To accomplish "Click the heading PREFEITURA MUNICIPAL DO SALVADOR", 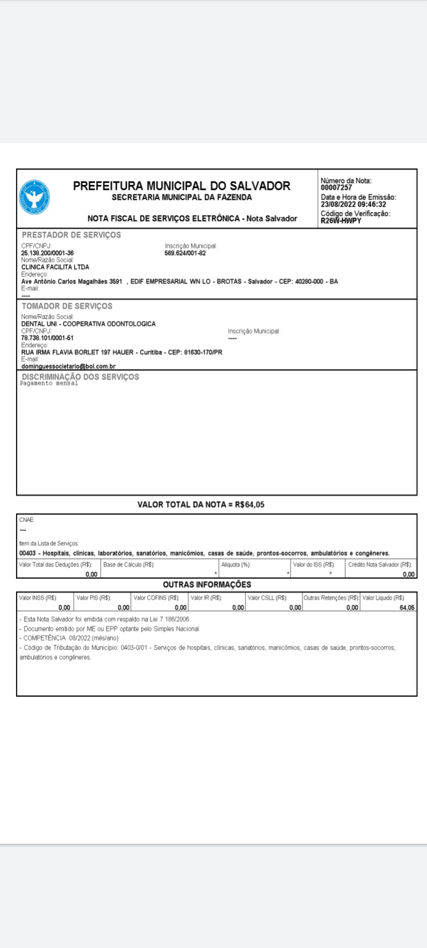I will tap(181, 186).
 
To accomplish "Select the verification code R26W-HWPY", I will tap(341, 220).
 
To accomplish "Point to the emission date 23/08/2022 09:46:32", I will tap(353, 204).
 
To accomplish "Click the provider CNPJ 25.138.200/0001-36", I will tap(47, 253).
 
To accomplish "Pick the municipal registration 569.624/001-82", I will tap(185, 253).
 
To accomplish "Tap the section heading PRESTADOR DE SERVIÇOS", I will tap(71, 235).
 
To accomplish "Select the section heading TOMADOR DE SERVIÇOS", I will tap(67, 306).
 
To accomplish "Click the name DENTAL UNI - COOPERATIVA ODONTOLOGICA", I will tap(88, 324).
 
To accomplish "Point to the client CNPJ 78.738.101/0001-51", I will tap(47, 338).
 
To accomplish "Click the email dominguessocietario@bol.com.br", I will tap(68, 367).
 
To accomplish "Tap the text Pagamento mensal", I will tap(49, 383).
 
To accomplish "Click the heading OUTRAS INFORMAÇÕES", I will tap(207, 585).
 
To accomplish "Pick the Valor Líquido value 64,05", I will tap(407, 607).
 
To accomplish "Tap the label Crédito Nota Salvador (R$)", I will tap(380, 565).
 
